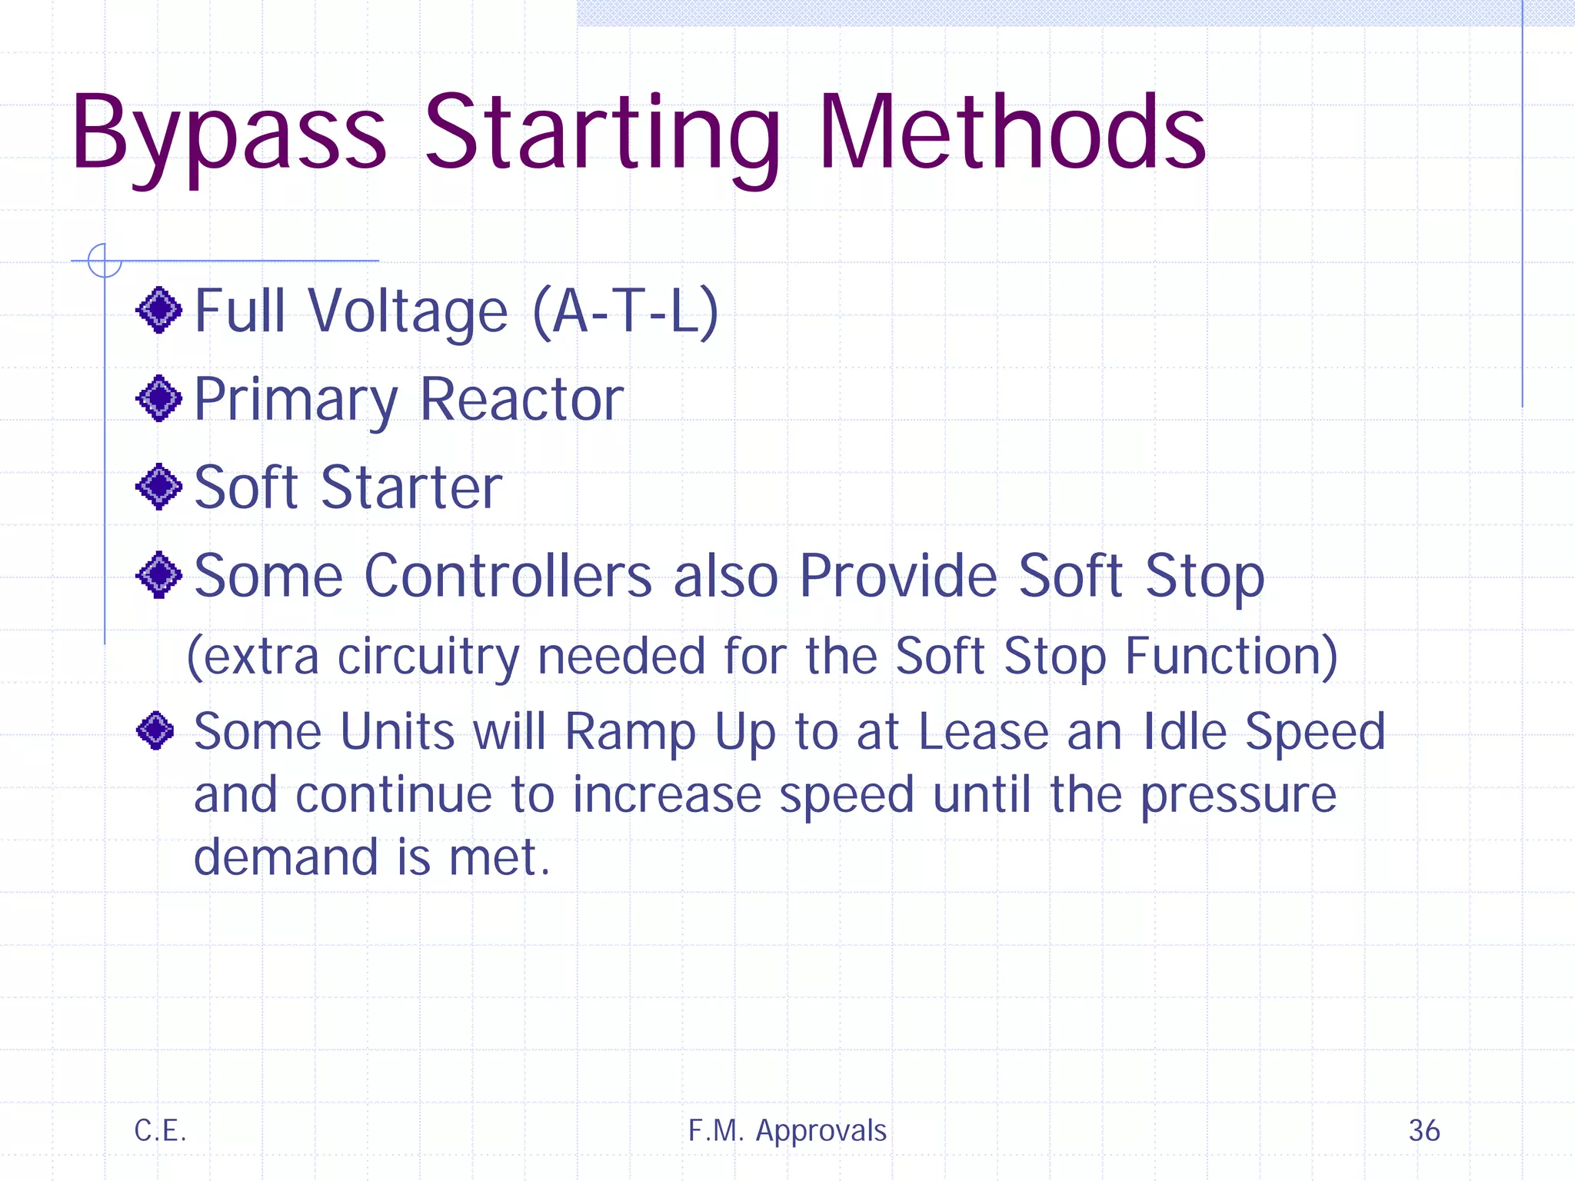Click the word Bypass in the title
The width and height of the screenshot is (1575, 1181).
point(228,135)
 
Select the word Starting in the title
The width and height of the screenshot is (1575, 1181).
point(601,135)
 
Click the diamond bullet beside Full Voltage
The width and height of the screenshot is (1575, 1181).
point(159,310)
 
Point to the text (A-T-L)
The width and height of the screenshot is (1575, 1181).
point(625,311)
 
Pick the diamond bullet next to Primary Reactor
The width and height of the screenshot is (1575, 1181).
point(159,398)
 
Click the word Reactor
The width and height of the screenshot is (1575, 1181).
point(522,399)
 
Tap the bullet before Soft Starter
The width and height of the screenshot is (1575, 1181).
point(159,487)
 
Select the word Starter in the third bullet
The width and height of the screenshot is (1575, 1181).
point(411,487)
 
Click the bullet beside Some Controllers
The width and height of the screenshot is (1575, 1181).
point(159,574)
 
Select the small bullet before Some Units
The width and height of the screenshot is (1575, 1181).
point(155,730)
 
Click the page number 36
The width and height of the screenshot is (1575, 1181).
point(1423,1130)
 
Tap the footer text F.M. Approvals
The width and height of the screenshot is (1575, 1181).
point(787,1130)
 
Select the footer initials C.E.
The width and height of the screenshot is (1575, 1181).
point(160,1130)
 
